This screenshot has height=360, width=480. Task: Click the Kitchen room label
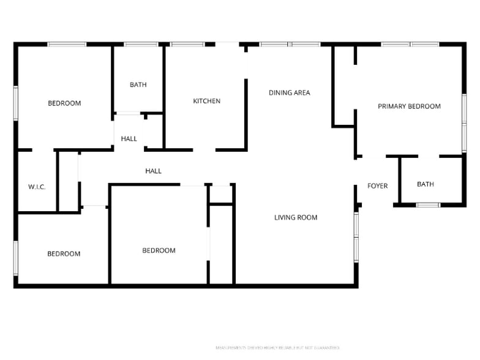206,101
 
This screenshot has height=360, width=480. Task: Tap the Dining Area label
289,93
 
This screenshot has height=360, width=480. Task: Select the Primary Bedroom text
409,107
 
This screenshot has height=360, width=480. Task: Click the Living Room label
296,217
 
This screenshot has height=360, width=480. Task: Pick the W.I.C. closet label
37,187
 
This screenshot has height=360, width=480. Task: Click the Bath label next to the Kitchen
138,85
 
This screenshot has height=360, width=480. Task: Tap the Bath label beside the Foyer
425,184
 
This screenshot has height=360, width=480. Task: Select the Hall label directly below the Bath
129,139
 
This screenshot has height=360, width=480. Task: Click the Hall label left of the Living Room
153,171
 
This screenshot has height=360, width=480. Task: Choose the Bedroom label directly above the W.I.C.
64,103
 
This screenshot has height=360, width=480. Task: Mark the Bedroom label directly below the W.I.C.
64,254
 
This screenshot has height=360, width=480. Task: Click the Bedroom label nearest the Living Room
159,250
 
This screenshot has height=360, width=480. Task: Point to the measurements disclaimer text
277,348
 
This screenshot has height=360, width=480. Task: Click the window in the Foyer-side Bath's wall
428,205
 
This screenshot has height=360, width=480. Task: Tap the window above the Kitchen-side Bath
141,44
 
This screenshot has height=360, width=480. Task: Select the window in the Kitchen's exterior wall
187,44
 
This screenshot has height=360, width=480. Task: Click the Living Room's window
356,237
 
